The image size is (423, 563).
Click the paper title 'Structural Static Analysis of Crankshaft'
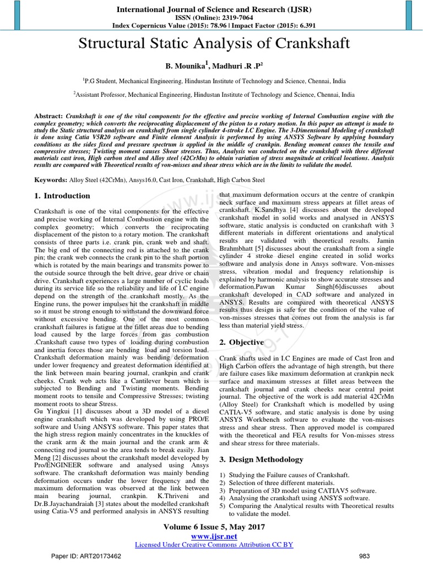click(x=214, y=45)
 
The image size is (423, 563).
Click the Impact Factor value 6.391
click(x=300, y=25)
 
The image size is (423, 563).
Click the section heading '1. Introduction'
click(x=62, y=196)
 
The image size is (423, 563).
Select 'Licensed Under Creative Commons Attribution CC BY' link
click(x=214, y=544)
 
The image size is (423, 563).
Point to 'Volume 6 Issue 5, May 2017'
click(x=214, y=527)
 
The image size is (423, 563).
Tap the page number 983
click(x=364, y=555)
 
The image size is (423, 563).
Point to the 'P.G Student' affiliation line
click(x=214, y=80)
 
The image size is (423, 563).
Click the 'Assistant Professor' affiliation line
click(x=214, y=95)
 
